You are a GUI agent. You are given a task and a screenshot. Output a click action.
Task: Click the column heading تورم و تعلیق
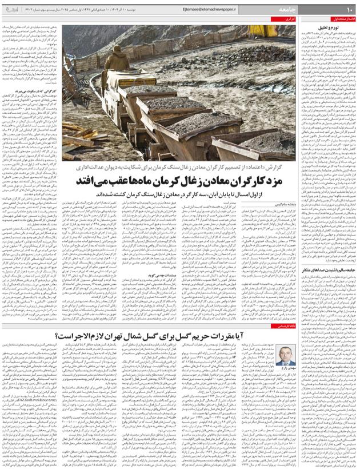tap(338, 27)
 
